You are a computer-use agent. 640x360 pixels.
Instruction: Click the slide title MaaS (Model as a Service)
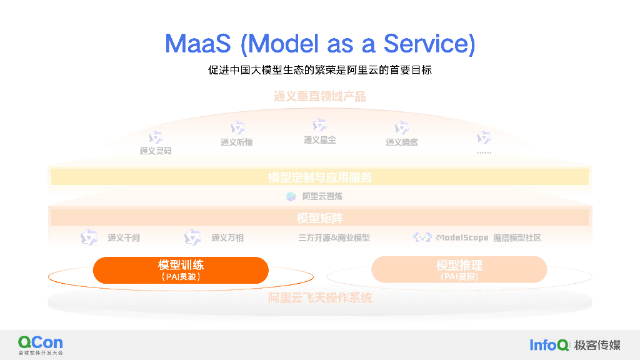tap(320, 44)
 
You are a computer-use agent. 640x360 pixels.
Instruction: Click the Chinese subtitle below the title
tap(320, 70)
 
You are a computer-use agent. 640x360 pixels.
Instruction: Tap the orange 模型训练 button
tap(181, 270)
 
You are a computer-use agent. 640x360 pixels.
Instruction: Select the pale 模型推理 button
tap(459, 270)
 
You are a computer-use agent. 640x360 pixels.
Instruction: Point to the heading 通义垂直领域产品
tap(319, 96)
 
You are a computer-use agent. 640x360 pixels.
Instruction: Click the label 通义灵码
tap(156, 151)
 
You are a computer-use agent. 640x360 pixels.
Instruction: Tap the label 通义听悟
tap(236, 142)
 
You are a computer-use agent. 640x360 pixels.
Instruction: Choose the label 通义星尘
tap(319, 140)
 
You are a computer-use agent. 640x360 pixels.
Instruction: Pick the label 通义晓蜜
tap(401, 142)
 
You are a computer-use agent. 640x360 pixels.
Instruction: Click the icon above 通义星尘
tap(319, 125)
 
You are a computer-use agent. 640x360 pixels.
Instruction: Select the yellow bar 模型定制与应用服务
tap(319, 177)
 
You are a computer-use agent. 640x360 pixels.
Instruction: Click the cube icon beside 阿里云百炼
tap(291, 196)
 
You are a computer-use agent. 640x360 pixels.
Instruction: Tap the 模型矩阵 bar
tap(319, 218)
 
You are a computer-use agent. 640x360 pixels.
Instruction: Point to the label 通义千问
tap(124, 237)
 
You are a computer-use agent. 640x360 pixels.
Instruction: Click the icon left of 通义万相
tap(192, 237)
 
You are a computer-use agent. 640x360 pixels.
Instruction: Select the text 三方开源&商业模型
tap(334, 237)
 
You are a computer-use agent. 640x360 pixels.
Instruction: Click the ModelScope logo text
tap(462, 237)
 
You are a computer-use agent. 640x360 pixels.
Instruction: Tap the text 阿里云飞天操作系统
tap(319, 298)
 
